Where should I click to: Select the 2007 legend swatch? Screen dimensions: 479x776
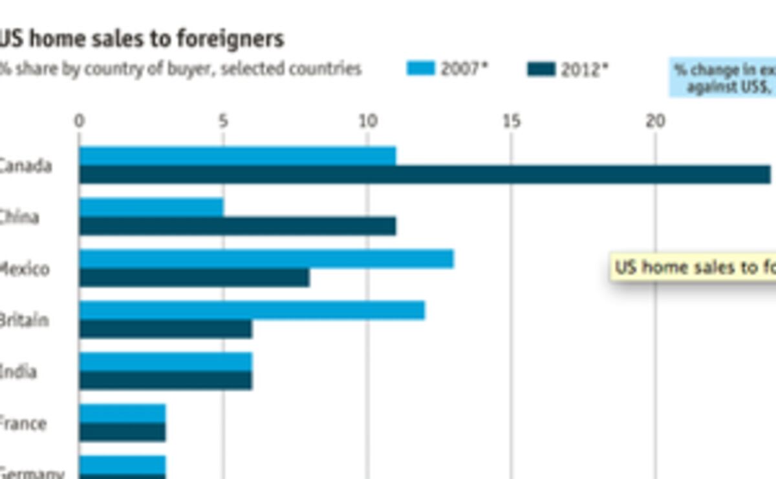[x=420, y=68]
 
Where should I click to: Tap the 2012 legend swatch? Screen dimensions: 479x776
[x=541, y=69]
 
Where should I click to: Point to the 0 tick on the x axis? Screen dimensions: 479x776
[x=79, y=121]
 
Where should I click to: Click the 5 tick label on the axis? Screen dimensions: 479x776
[x=223, y=121]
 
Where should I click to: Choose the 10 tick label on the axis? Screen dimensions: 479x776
[x=367, y=121]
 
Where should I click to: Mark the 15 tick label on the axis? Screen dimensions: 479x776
[x=512, y=121]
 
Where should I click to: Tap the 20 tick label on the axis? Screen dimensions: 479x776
[x=656, y=121]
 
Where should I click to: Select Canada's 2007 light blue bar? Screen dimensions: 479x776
[x=237, y=156]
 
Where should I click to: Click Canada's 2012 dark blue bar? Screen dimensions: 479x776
[x=425, y=175]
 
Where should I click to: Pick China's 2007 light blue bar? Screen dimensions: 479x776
[x=151, y=207]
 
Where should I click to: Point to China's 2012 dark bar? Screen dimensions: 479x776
[x=237, y=226]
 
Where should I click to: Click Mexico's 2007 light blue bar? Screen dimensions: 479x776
[x=266, y=259]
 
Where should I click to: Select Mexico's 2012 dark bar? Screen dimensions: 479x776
[x=194, y=278]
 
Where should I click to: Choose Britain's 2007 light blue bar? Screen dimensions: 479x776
[x=252, y=310]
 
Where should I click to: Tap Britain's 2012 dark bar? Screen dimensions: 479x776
[x=166, y=329]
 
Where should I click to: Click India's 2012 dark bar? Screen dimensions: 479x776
[x=166, y=381]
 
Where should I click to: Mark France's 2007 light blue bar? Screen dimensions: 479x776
[x=122, y=414]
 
